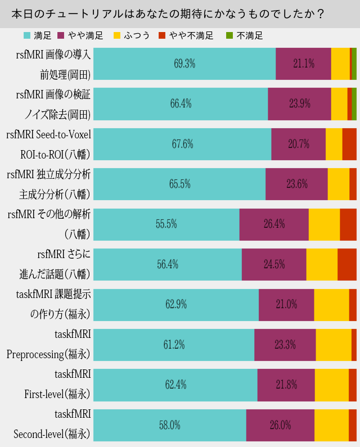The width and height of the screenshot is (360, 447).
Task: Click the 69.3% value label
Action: [184, 64]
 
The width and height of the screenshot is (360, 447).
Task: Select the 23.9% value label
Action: [300, 103]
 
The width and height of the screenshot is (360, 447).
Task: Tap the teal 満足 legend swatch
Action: [27, 35]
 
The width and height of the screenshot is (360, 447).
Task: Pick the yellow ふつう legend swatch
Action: [117, 35]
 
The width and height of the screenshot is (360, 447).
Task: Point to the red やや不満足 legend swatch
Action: [162, 35]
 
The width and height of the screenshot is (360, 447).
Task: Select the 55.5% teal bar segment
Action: [166, 224]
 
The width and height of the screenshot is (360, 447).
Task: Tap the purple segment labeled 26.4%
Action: [274, 224]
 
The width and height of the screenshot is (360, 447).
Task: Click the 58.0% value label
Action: [169, 425]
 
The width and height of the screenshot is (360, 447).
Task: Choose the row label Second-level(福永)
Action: [52, 434]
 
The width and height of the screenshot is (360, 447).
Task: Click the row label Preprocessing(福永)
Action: [48, 354]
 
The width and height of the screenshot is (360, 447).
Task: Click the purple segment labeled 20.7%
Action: [299, 144]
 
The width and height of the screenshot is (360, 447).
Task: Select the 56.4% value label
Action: [167, 264]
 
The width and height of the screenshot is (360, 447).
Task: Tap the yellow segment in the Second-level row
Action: [331, 425]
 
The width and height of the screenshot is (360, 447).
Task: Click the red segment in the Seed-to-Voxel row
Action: [349, 144]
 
